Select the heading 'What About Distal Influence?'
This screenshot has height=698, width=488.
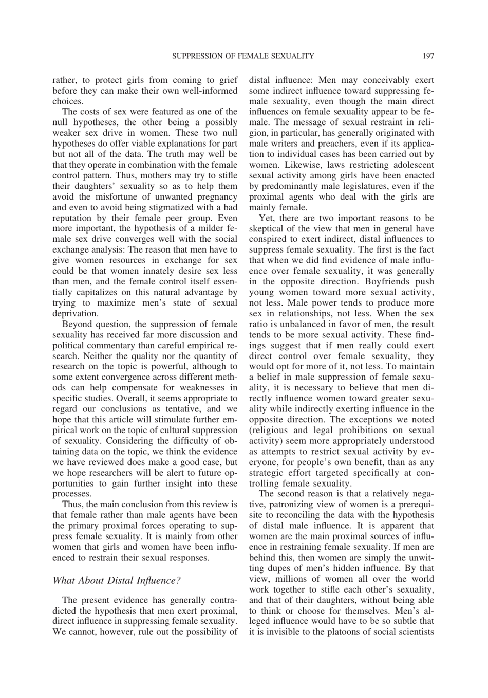coord(117,580)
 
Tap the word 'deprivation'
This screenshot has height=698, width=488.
coord(75,313)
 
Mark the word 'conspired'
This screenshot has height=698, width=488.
coord(268,239)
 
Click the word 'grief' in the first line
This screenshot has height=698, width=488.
coord(227,80)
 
